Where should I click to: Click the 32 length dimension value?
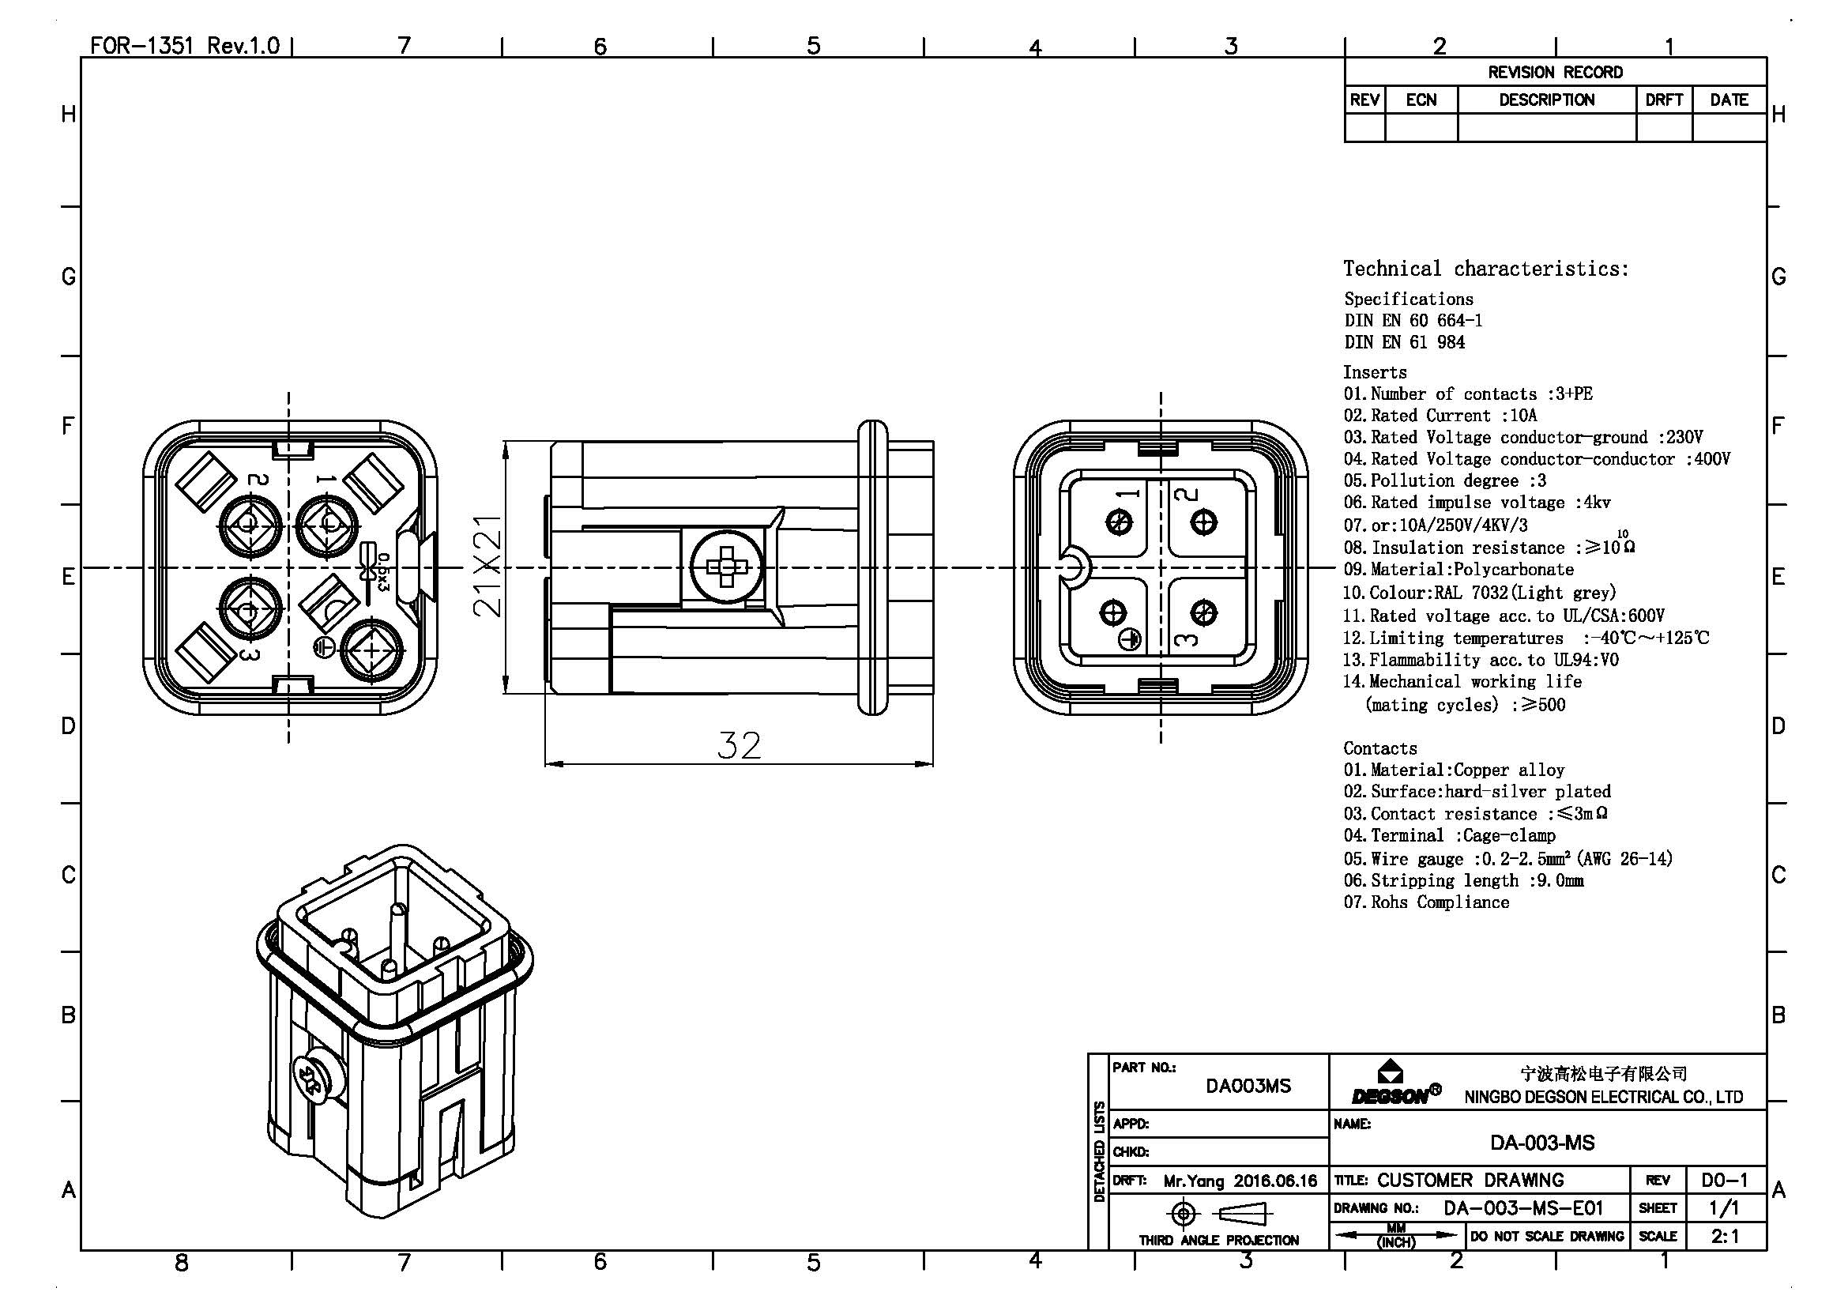tap(739, 746)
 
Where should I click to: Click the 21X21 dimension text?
tap(487, 566)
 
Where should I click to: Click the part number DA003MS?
tap(1248, 1086)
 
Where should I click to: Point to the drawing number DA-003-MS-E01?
tap(1522, 1208)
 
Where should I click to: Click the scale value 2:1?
tap(1725, 1235)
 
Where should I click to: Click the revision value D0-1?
tap(1725, 1181)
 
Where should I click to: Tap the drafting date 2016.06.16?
tap(1275, 1181)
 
